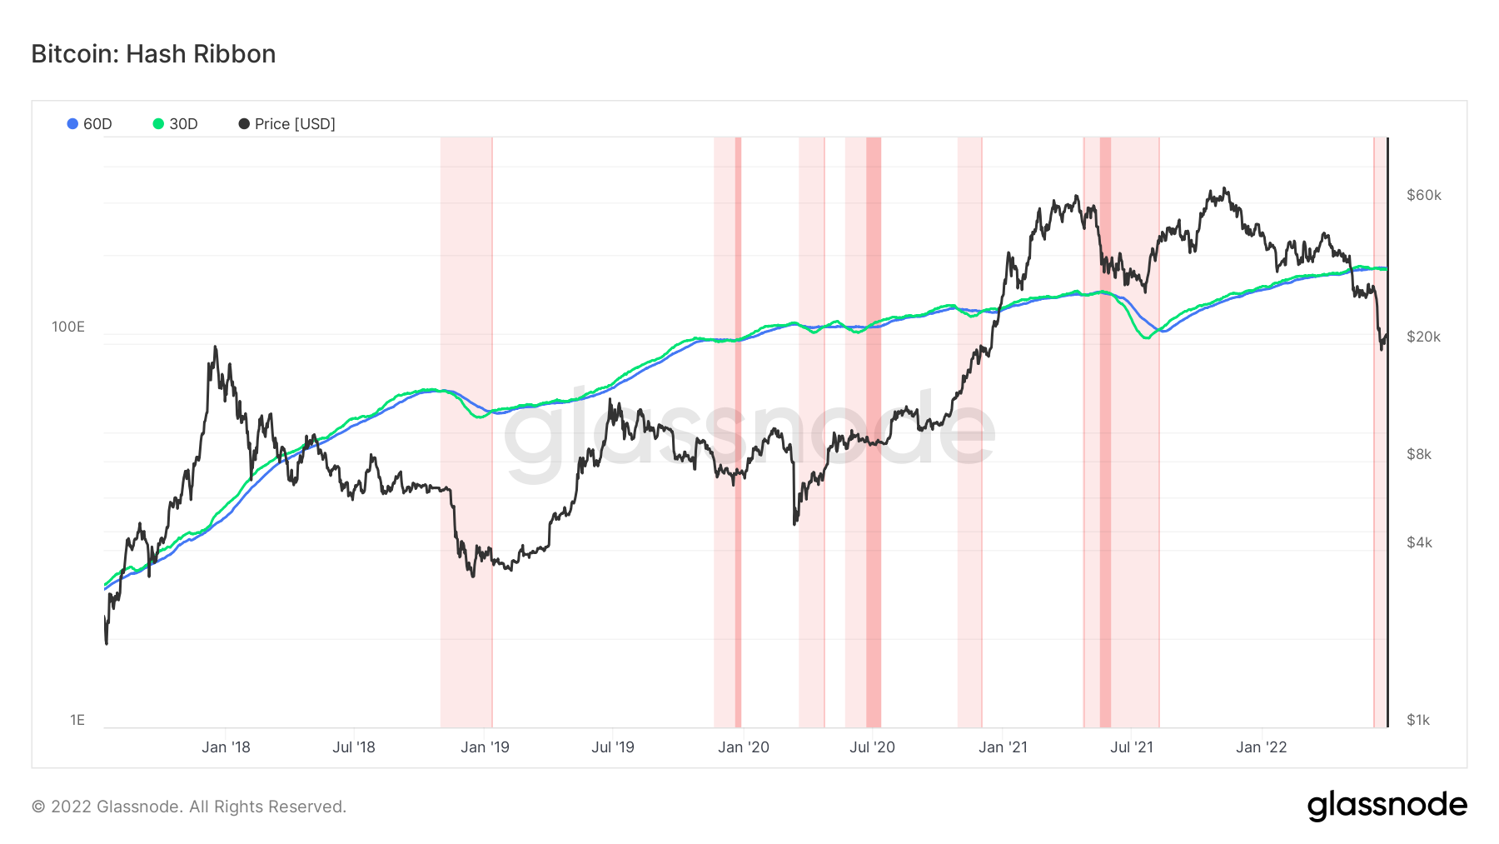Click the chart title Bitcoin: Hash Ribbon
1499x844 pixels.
click(x=153, y=54)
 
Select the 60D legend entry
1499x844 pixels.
click(x=90, y=124)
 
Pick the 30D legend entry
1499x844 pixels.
click(x=176, y=124)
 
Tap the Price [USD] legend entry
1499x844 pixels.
click(x=287, y=124)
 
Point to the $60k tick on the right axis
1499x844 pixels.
click(x=1423, y=195)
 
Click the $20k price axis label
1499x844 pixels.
click(x=1423, y=337)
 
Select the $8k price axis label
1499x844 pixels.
click(x=1419, y=454)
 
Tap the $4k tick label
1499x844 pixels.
click(x=1419, y=542)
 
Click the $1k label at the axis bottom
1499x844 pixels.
click(x=1418, y=720)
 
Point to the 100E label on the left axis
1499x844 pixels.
click(x=68, y=327)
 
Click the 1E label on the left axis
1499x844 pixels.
click(x=77, y=720)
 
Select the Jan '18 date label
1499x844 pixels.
click(x=226, y=747)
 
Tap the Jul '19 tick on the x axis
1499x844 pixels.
click(x=613, y=747)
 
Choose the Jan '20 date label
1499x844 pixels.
click(x=744, y=747)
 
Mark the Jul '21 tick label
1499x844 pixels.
click(x=1132, y=747)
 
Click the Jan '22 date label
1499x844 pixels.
click(x=1262, y=747)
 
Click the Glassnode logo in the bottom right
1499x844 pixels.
click(x=1387, y=806)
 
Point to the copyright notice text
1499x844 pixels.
click(x=189, y=807)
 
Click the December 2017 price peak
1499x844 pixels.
click(x=216, y=347)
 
